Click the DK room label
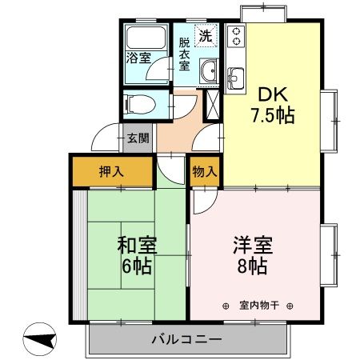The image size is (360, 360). [x=270, y=91]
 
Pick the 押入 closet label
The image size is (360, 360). [x=110, y=171]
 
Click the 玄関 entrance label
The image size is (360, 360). [x=138, y=138]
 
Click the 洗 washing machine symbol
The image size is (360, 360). [x=206, y=35]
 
